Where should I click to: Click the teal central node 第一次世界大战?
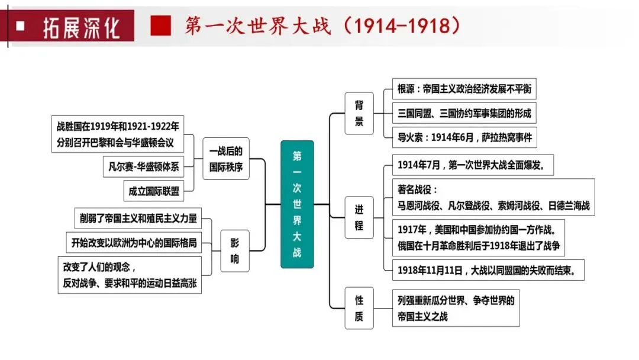click(297, 204)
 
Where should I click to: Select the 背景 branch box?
click(359, 113)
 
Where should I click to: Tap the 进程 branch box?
click(359, 217)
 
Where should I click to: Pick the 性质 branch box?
click(359, 308)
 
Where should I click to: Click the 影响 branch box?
click(235, 250)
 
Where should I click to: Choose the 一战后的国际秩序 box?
click(226, 159)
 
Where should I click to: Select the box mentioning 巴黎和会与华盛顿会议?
click(117, 134)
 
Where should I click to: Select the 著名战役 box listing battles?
click(493, 198)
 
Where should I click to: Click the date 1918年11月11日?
click(430, 271)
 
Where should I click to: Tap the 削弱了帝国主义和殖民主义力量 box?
click(138, 218)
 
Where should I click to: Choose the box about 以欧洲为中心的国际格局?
click(133, 242)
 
